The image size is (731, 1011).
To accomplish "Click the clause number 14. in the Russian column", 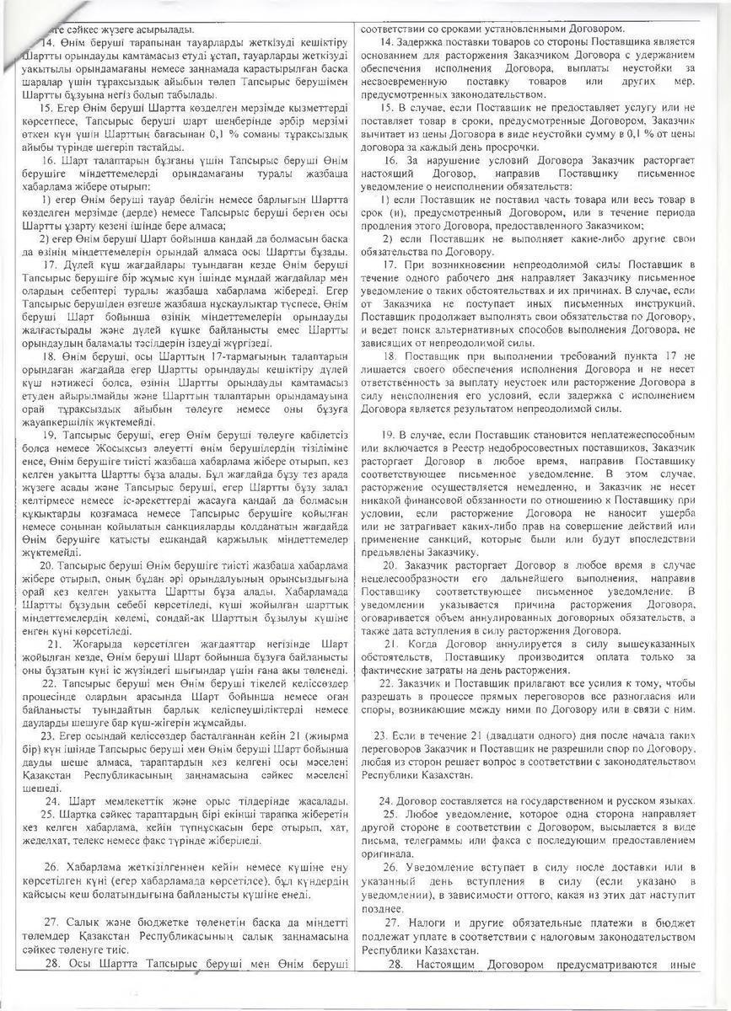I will coord(387,41).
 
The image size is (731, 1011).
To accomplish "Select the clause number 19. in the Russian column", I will coord(387,434).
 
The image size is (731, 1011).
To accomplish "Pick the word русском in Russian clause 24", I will coord(626,800).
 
